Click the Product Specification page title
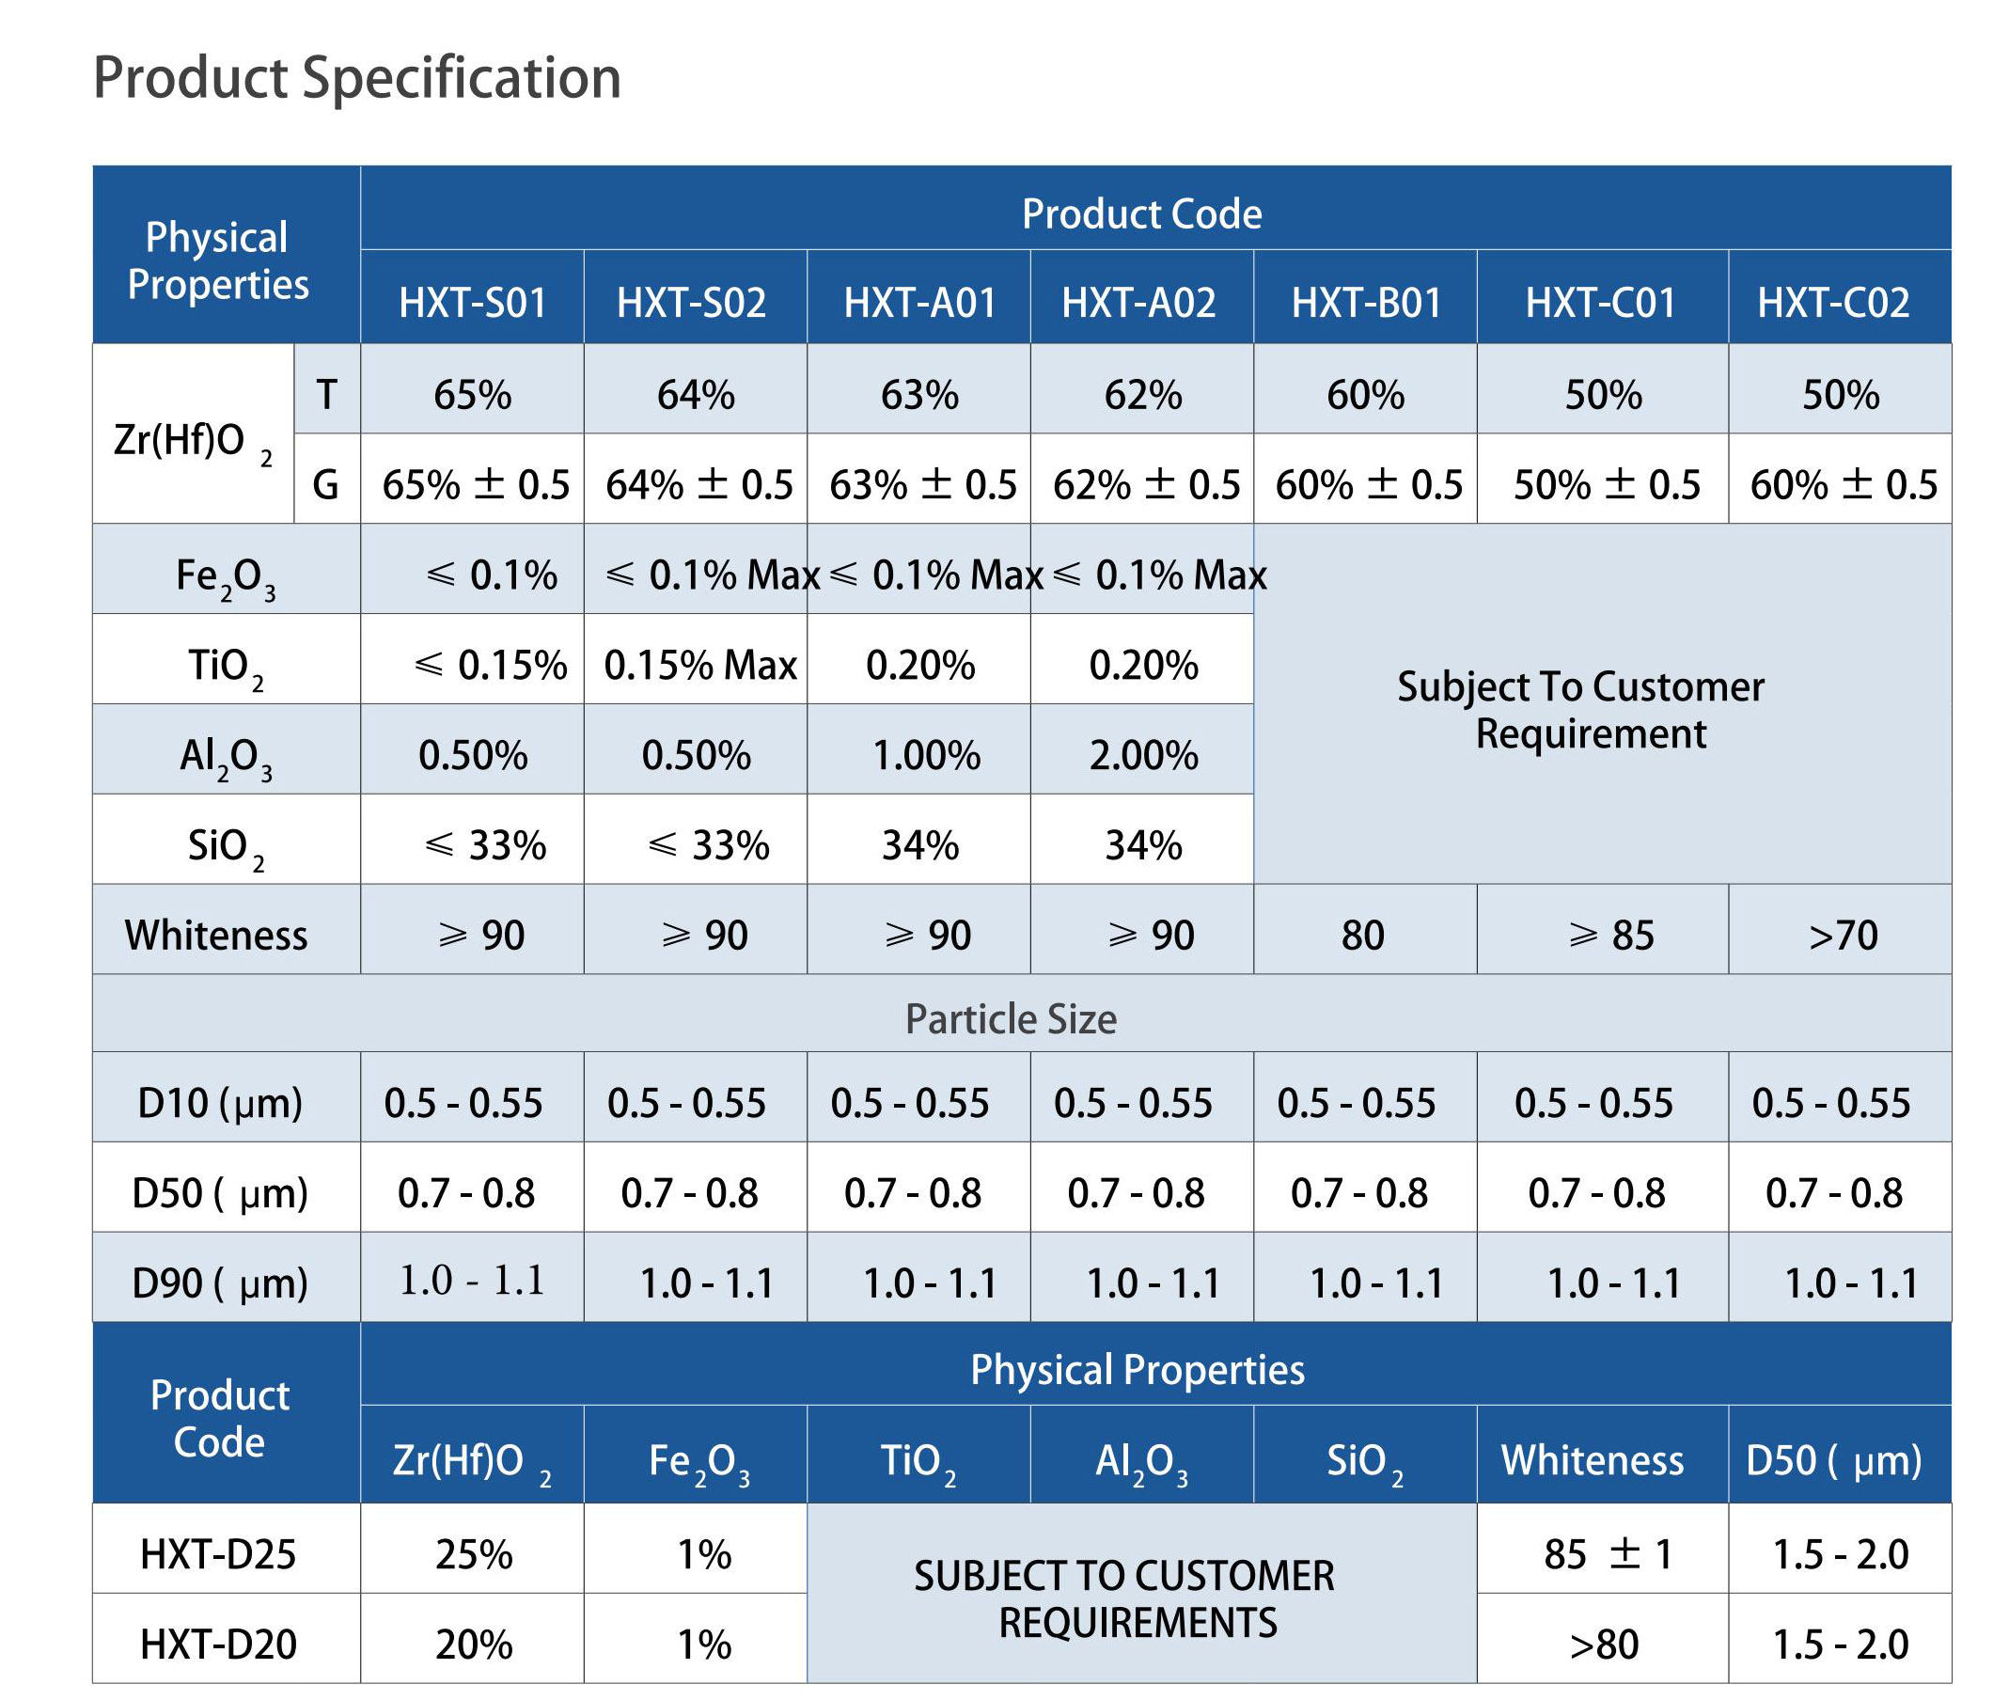[357, 78]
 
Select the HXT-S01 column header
[472, 303]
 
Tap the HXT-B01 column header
[1366, 303]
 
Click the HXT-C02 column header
[1833, 303]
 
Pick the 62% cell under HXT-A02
[1143, 396]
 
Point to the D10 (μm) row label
[219, 1104]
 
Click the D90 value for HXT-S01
[471, 1281]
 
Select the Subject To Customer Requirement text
[1581, 710]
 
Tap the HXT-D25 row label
[218, 1554]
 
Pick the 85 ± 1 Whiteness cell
[1609, 1554]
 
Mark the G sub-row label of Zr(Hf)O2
[326, 485]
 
